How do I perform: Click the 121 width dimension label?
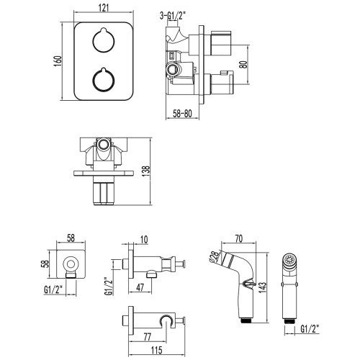point(104,8)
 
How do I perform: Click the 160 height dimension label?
point(58,61)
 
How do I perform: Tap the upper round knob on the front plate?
point(104,40)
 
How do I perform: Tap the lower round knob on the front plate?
point(104,80)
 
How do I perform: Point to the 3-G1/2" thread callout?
point(173,16)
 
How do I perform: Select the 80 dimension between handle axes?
point(243,64)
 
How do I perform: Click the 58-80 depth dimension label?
point(182,113)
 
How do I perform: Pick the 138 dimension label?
point(146,171)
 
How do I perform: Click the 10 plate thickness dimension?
point(143,240)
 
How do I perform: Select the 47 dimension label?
point(140,287)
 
